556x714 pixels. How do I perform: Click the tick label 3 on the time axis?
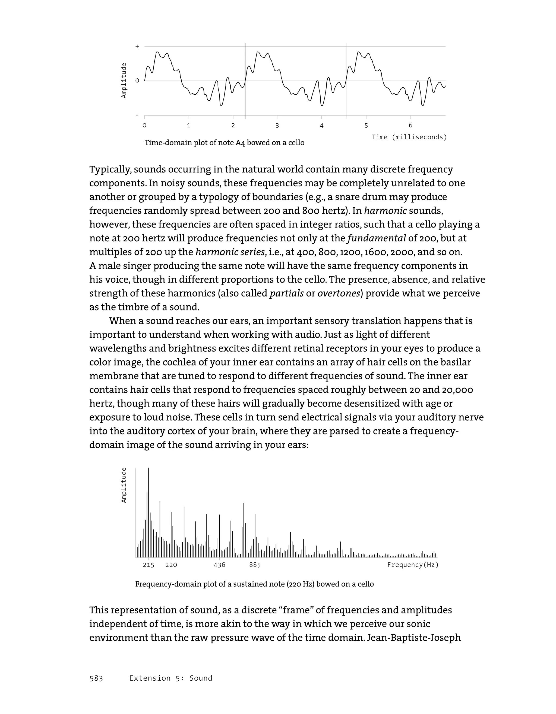pyautogui.click(x=277, y=126)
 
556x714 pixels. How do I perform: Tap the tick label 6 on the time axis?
pyautogui.click(x=410, y=126)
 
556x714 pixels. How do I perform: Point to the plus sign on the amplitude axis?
pyautogui.click(x=137, y=46)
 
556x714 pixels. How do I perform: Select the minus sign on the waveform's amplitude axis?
pyautogui.click(x=137, y=115)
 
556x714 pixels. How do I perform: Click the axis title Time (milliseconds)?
pyautogui.click(x=409, y=137)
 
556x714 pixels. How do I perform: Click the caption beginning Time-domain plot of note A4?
pyautogui.click(x=224, y=143)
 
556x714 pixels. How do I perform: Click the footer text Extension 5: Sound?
pyautogui.click(x=170, y=678)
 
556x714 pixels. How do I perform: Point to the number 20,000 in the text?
pyautogui.click(x=457, y=390)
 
